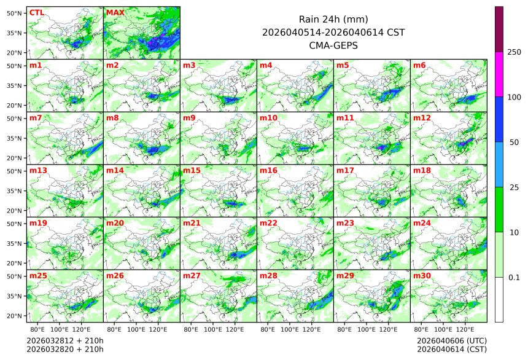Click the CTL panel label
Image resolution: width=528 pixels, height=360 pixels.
pos(37,12)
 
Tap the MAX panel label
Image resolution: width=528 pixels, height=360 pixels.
pos(114,12)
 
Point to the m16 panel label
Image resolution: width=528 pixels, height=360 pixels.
pos(268,171)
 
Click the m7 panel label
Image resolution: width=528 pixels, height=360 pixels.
pos(36,118)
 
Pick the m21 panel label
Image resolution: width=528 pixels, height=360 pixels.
pos(191,223)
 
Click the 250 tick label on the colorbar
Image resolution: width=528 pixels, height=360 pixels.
pos(514,52)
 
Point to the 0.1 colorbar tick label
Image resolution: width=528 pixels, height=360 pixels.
pos(514,278)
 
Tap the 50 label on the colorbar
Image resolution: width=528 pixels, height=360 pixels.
pos(514,143)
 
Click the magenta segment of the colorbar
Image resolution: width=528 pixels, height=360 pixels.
pos(499,74)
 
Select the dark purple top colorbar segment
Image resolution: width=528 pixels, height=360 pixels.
pos(499,29)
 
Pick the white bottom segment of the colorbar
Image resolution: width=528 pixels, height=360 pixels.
pos(499,299)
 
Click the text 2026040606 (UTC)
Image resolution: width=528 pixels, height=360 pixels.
pos(451,340)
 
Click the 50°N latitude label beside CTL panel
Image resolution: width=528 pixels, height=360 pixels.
pos(15,13)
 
